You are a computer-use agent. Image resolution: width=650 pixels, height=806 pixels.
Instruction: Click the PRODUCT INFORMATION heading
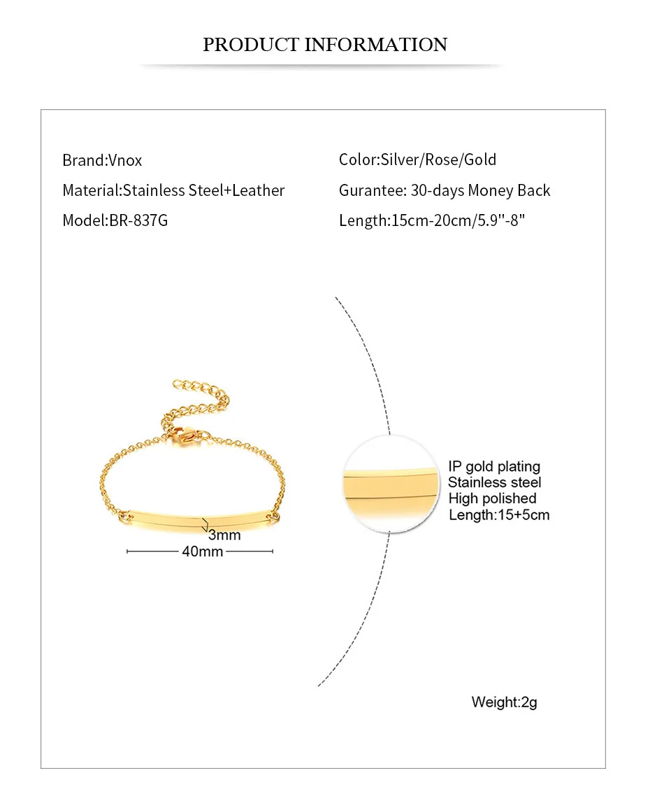[325, 45]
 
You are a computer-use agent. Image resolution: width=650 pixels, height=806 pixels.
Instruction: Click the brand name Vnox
[125, 160]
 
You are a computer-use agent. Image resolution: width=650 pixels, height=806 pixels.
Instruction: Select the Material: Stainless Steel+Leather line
[173, 190]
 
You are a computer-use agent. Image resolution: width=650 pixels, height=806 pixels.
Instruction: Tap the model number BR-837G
[138, 220]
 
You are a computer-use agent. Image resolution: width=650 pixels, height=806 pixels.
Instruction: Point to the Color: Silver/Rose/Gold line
[417, 160]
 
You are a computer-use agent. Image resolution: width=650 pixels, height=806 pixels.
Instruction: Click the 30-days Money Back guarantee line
[445, 190]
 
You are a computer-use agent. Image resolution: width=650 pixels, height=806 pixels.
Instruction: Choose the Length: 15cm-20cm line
[431, 220]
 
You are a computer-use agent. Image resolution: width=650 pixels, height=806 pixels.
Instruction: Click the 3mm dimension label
[224, 535]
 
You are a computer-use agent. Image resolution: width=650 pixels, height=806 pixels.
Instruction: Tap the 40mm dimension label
[202, 551]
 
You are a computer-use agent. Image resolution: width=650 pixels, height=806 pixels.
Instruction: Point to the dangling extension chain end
[179, 384]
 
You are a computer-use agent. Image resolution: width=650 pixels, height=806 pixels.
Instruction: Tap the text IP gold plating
[494, 467]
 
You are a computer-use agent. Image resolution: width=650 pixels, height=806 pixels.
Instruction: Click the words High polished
[492, 498]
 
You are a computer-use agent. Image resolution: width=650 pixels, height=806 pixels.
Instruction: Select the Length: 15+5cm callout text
[499, 515]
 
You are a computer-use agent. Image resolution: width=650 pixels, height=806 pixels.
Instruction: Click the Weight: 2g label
[504, 702]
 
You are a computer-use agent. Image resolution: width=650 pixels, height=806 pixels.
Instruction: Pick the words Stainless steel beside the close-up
[494, 482]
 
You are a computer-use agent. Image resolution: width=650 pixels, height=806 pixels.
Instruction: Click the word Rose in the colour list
[440, 160]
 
